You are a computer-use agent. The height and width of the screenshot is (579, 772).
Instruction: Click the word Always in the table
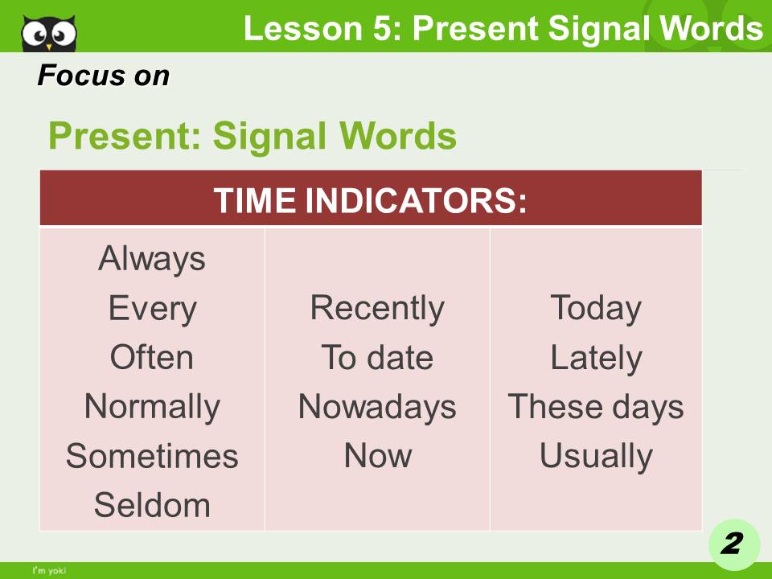coord(152,260)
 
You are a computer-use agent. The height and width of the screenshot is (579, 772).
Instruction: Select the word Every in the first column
coord(152,309)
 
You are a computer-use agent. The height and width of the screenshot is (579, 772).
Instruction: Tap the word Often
coord(152,358)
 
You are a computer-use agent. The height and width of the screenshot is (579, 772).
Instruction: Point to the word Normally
coord(152,407)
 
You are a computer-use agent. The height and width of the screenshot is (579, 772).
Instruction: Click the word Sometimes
coord(152,456)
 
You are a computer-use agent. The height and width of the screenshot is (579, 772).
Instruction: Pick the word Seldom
coord(152,505)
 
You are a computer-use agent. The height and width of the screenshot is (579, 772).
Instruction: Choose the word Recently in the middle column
coord(376,309)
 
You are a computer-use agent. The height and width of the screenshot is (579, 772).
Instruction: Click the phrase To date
coord(376,358)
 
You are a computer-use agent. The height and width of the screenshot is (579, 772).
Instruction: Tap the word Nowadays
coord(376,407)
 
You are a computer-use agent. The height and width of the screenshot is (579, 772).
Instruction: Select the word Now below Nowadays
coord(376,456)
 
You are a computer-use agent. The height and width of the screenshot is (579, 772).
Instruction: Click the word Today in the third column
coord(595,309)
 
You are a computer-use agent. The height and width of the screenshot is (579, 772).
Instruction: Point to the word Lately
coord(595,358)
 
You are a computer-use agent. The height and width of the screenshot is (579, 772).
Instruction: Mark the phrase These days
coord(595,407)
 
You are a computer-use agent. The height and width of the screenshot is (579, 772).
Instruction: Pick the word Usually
coord(595,456)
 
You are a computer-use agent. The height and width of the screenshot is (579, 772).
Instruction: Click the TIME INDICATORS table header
coord(370,199)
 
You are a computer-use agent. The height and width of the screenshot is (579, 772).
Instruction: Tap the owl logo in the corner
coord(49,32)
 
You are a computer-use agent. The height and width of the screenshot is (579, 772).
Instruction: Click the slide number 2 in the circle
coord(731,544)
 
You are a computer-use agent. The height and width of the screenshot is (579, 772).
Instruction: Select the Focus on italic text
coord(103,76)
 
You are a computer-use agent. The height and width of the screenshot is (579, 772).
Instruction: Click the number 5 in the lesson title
coord(391,29)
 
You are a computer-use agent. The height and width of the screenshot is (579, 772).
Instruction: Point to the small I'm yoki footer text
coord(49,571)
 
